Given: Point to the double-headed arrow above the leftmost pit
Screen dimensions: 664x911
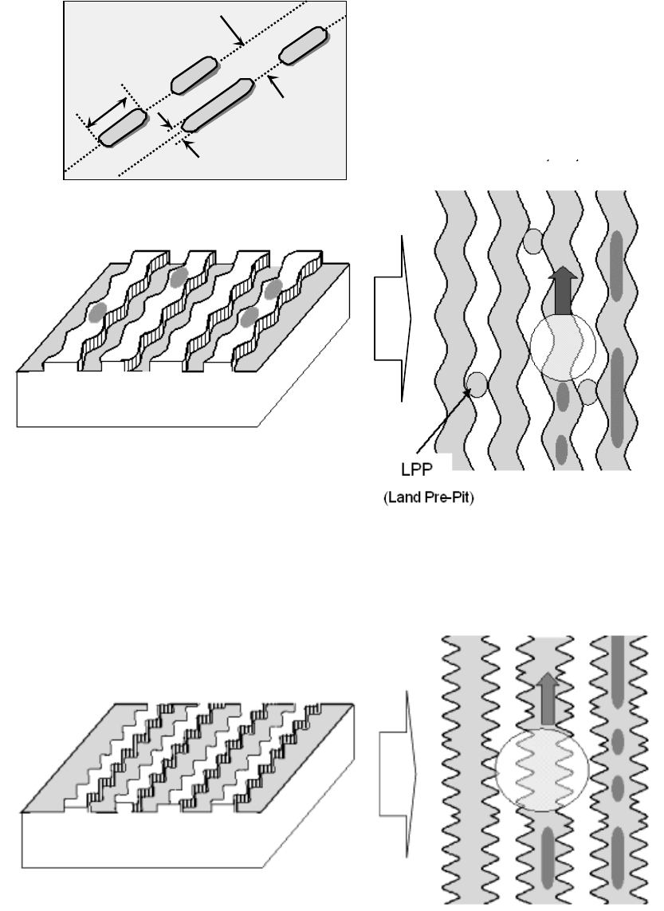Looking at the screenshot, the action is tap(106, 112).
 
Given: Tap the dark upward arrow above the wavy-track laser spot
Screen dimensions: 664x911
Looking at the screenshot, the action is tap(564, 292).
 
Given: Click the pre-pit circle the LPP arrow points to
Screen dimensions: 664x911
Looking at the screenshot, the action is tap(476, 384).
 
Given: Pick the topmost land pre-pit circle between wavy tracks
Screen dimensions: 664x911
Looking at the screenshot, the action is tap(533, 241).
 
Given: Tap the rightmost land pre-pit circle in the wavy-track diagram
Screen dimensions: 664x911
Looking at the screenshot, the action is tap(588, 391).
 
